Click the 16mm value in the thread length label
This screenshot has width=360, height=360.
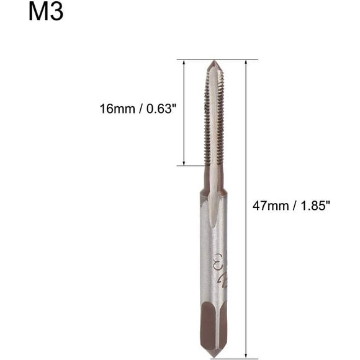117,109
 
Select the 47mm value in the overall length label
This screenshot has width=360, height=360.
271,205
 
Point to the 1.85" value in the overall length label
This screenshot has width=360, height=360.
316,205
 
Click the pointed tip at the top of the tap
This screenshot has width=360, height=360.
214,61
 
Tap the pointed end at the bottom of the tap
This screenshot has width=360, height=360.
214,357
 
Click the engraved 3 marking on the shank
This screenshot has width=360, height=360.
218,259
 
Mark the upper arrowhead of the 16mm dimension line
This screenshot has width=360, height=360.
184,62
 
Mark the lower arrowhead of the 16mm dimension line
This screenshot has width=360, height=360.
184,163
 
